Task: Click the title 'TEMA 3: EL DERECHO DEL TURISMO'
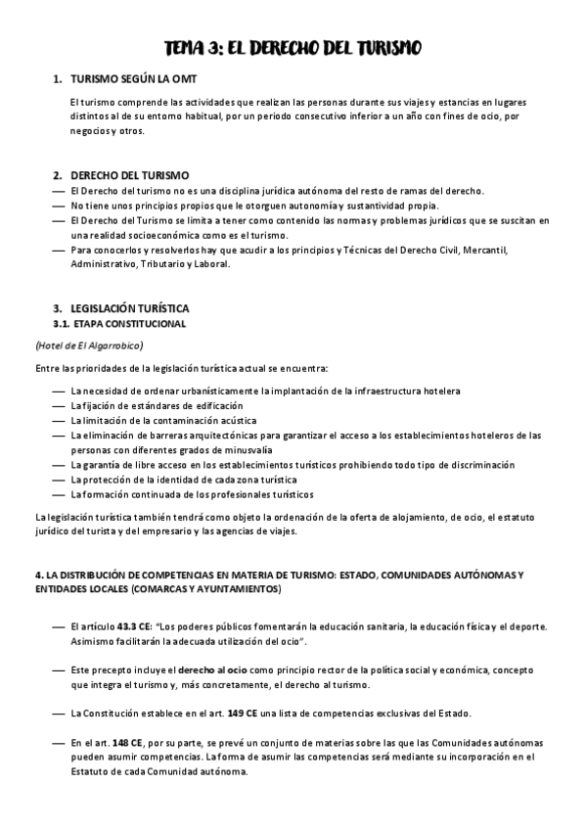(293, 49)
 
